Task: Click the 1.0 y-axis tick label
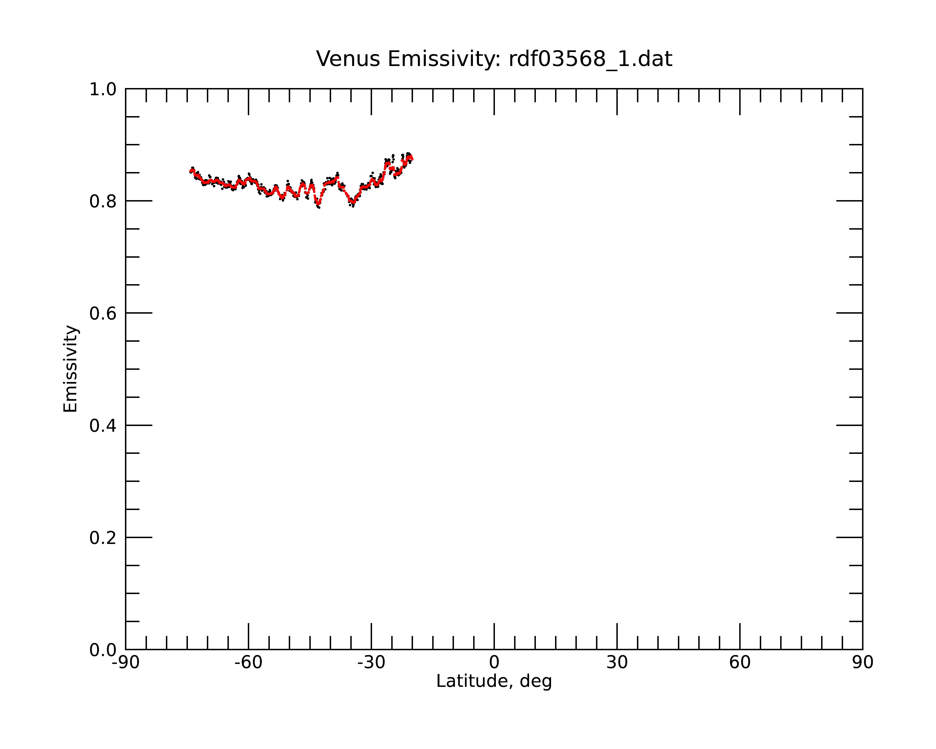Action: tap(103, 90)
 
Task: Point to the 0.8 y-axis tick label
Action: tap(103, 202)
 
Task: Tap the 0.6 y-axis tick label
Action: tap(103, 313)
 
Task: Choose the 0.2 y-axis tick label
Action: tap(103, 538)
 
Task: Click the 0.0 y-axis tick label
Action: tap(103, 650)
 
